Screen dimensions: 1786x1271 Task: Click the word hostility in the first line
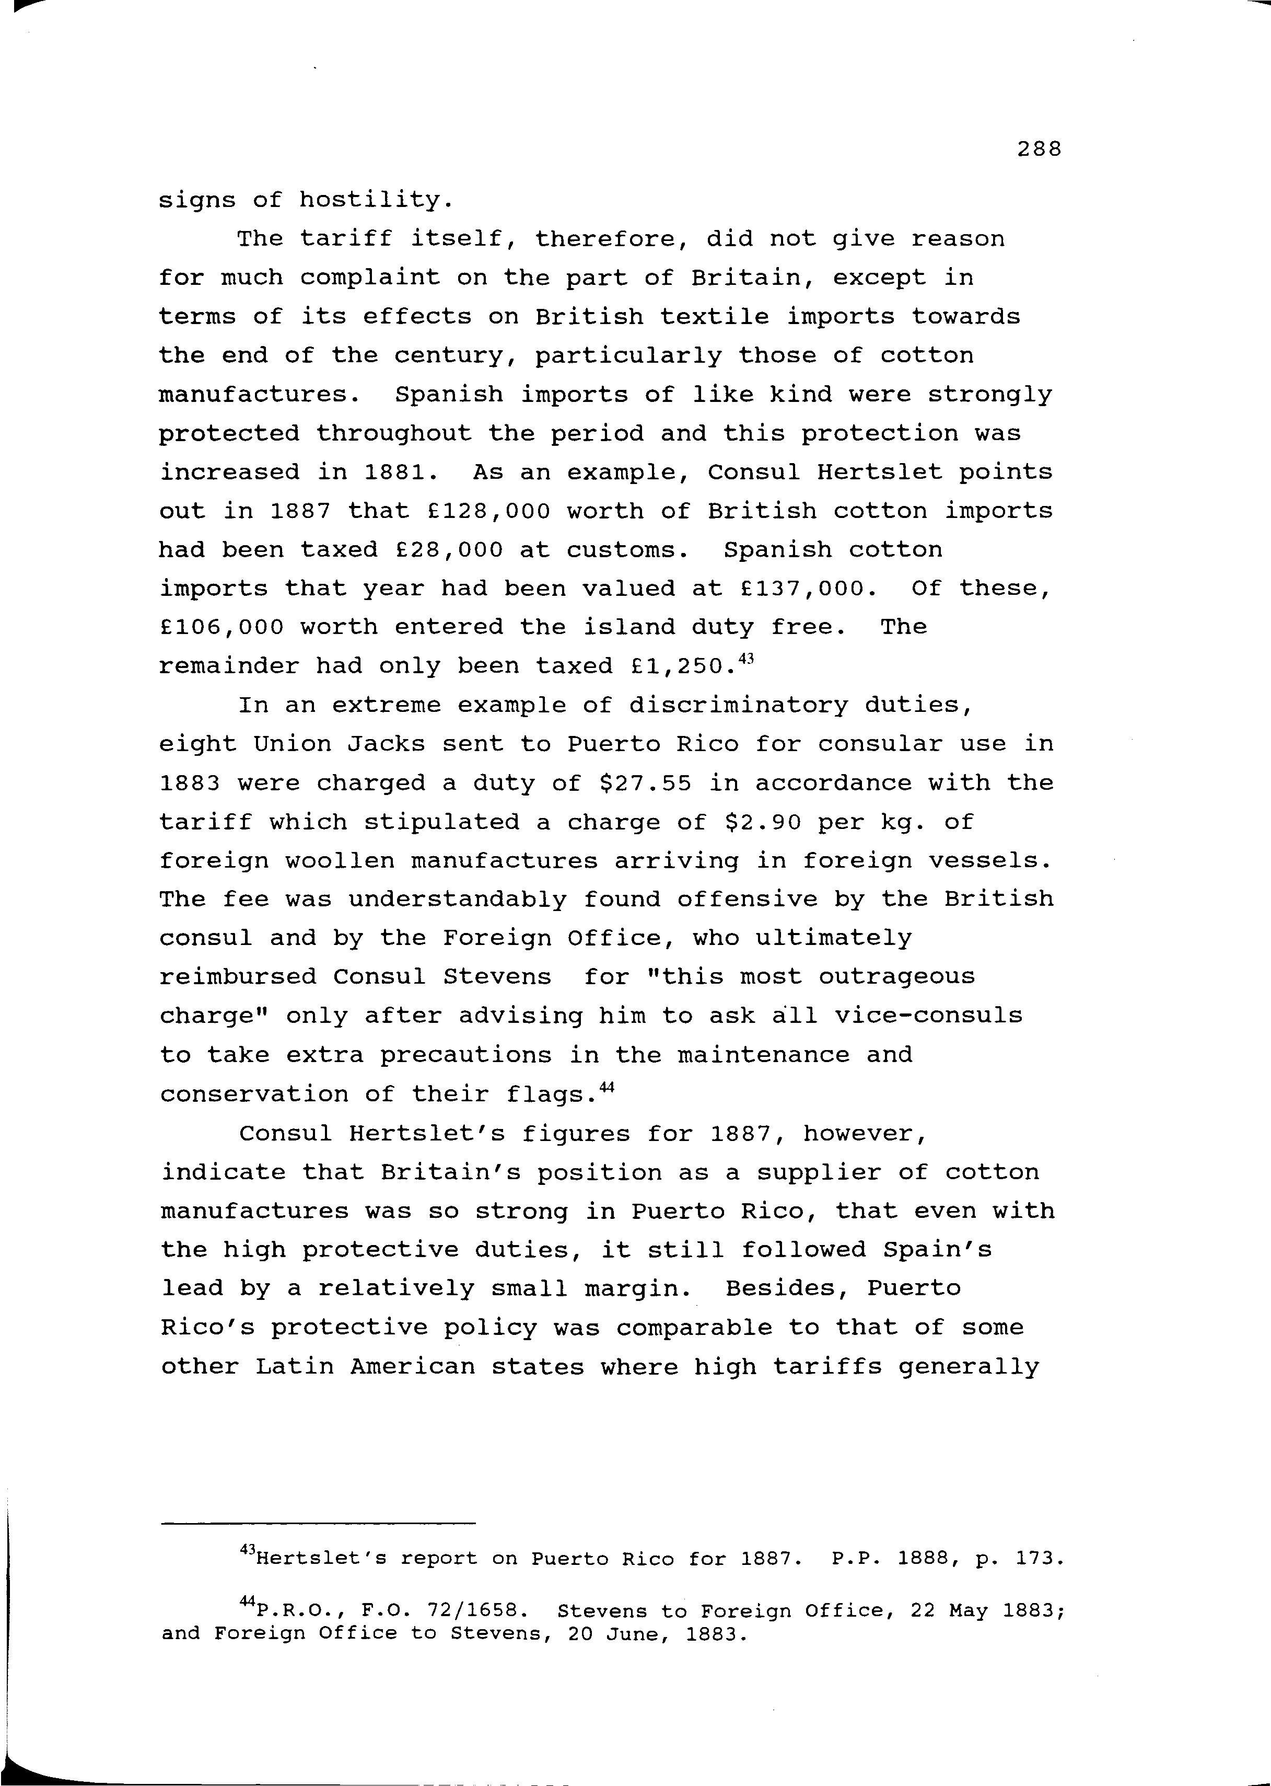pyautogui.click(x=372, y=200)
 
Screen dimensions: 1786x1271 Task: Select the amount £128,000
pyautogui.click(x=490, y=511)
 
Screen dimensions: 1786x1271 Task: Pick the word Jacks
pyautogui.click(x=387, y=744)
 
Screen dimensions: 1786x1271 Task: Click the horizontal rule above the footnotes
pyautogui.click(x=318, y=1523)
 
